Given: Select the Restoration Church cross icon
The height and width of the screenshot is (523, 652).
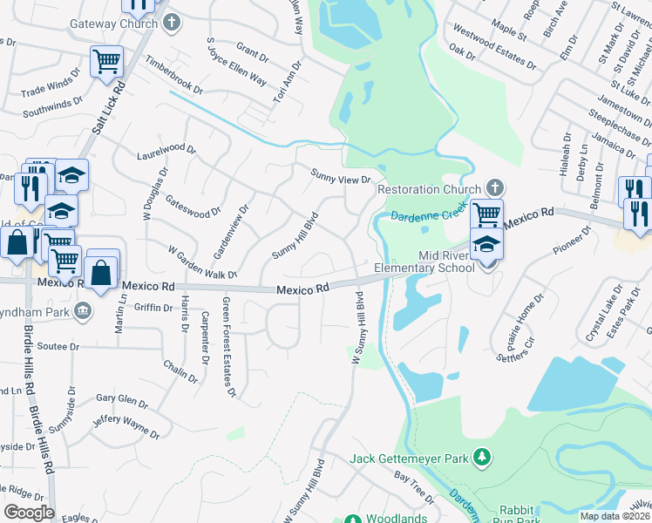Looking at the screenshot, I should pyautogui.click(x=494, y=188).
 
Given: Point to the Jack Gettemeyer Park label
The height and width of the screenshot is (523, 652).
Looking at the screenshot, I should pyautogui.click(x=409, y=458).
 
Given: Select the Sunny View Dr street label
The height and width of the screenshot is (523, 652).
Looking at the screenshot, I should pyautogui.click(x=342, y=176).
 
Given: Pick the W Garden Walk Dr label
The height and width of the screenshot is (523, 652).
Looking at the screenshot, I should pyautogui.click(x=202, y=263).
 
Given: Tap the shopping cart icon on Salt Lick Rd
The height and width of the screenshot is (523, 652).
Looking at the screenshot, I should pyautogui.click(x=106, y=61).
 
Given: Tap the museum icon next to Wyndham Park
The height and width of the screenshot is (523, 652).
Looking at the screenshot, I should pyautogui.click(x=82, y=310).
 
